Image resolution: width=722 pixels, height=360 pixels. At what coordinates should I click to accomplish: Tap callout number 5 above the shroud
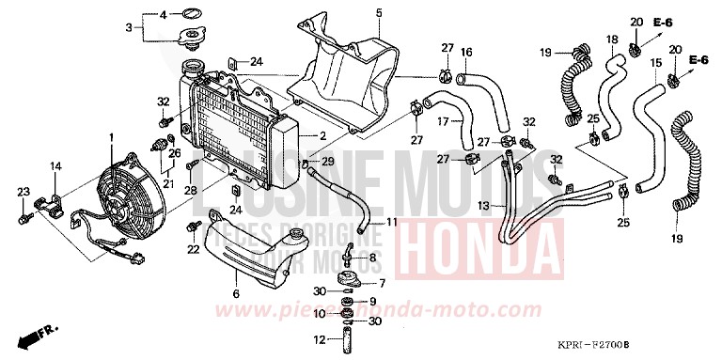pyautogui.click(x=353, y=12)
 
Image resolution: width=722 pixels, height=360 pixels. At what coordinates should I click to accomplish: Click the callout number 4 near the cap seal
pyautogui.click(x=162, y=15)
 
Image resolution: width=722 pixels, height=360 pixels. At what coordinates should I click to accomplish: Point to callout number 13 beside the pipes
pyautogui.click(x=482, y=204)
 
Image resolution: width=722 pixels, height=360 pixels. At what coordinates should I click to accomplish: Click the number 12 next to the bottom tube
pyautogui.click(x=319, y=339)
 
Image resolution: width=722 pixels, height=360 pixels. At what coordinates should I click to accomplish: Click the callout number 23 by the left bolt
pyautogui.click(x=22, y=192)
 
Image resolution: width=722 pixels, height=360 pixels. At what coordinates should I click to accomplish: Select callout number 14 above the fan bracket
pyautogui.click(x=55, y=167)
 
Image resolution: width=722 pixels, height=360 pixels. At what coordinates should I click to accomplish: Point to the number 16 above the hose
pyautogui.click(x=466, y=52)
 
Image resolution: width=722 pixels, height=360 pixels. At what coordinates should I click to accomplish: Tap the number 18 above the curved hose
pyautogui.click(x=612, y=39)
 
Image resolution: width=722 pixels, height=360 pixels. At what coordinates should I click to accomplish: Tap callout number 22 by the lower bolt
pyautogui.click(x=193, y=249)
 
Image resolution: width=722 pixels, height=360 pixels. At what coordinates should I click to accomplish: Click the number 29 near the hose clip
pyautogui.click(x=328, y=163)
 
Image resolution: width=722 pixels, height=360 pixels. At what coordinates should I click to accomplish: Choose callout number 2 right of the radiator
pyautogui.click(x=322, y=136)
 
